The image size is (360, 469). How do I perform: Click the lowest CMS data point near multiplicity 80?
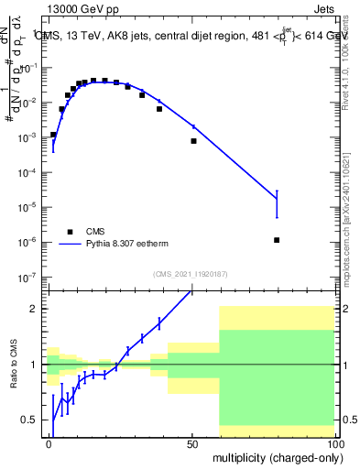pos(277,240)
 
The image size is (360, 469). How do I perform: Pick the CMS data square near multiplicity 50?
pos(193,141)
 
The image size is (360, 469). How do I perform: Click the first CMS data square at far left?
pos(53,135)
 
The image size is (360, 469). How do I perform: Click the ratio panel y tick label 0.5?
pos(29,420)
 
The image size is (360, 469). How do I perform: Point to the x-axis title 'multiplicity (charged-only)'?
pos(275,456)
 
